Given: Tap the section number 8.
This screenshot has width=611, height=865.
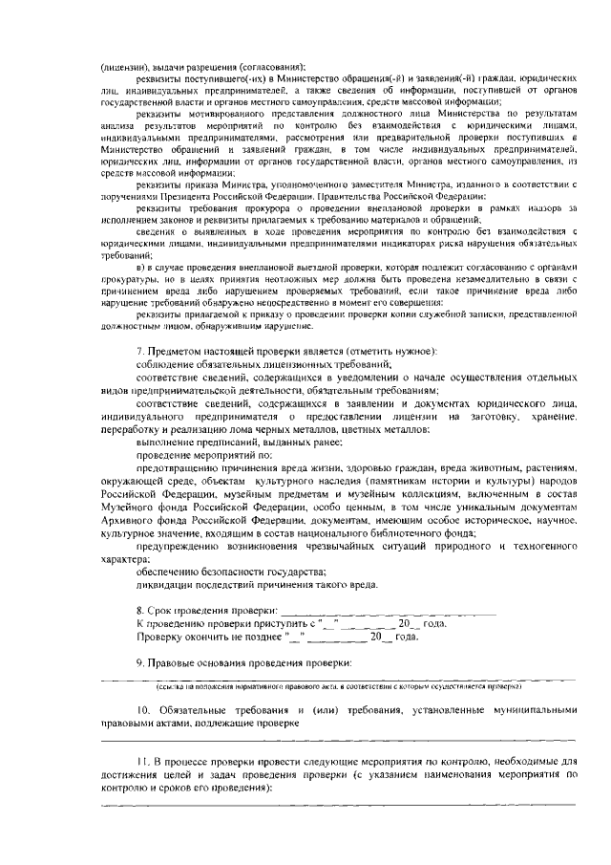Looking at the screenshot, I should (x=141, y=610).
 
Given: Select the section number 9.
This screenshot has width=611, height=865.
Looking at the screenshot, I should (x=141, y=663).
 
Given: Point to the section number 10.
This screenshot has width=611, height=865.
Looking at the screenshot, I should (x=144, y=711).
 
